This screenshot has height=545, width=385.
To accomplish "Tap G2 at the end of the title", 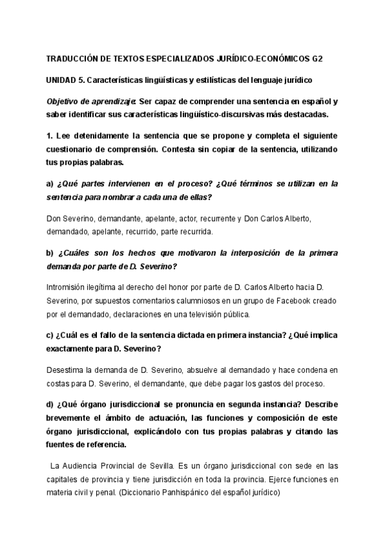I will point(318,58).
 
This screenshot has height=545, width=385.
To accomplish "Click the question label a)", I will point(50,183).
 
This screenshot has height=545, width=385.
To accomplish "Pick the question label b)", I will point(50,253).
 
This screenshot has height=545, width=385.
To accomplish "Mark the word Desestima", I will point(68,370).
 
